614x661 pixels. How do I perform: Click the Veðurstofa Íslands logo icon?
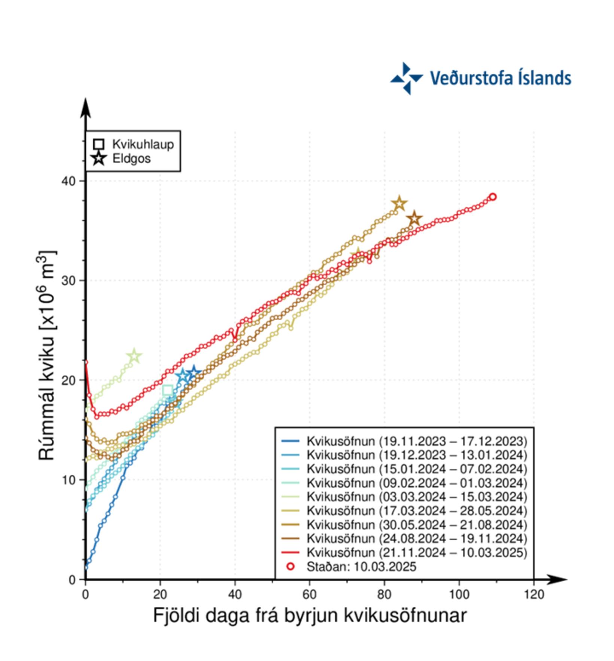click(407, 78)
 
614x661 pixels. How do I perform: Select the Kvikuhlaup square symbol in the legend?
click(99, 144)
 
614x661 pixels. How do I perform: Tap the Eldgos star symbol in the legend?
click(99, 158)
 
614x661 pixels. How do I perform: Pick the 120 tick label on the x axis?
click(534, 594)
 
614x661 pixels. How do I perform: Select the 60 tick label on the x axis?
click(309, 594)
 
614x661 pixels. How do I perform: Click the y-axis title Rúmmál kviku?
click(48, 356)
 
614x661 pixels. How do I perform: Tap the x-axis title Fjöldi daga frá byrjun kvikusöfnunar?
click(310, 616)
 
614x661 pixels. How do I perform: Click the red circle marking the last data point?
click(493, 197)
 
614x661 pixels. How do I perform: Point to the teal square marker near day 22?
click(168, 391)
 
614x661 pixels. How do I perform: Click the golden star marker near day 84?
click(399, 204)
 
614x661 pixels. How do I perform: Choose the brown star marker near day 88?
click(414, 219)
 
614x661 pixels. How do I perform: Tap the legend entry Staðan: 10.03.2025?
click(361, 567)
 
